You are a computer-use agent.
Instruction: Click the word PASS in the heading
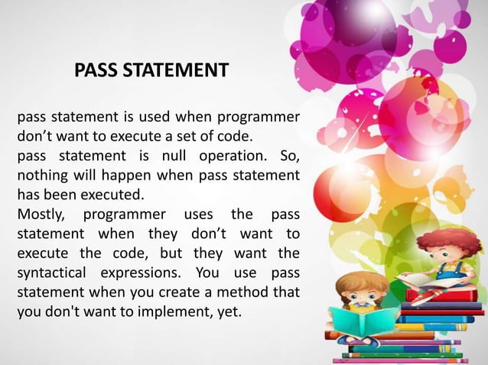[x=97, y=71]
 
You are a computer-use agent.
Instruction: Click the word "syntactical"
[x=52, y=273]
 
